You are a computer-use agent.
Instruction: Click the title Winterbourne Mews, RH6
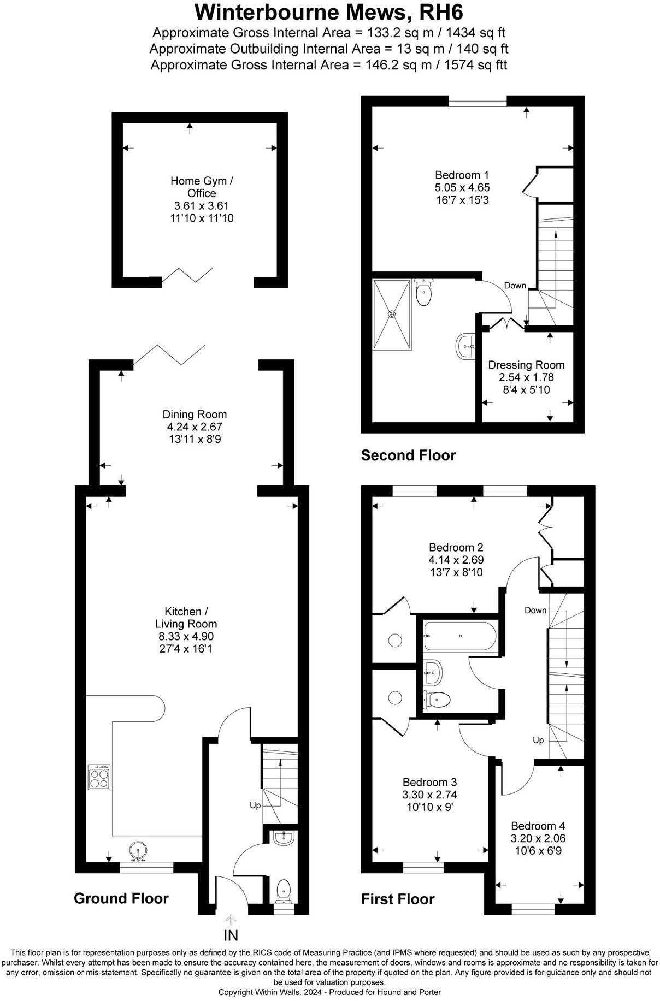tap(329, 12)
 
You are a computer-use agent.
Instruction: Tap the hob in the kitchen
tap(99, 777)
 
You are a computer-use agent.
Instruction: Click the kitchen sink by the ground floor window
tap(138, 850)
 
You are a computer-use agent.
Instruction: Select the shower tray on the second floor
tap(392, 313)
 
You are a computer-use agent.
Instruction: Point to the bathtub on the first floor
tap(459, 636)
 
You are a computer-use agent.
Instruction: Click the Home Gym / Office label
tap(202, 187)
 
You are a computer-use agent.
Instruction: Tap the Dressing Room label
tap(526, 365)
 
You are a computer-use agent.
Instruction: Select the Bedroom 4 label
tap(538, 826)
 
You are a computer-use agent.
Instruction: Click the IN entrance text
tap(231, 935)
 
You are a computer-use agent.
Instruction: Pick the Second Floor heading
tap(408, 455)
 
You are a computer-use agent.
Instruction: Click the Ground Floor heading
tap(121, 898)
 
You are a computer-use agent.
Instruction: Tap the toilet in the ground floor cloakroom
tap(284, 890)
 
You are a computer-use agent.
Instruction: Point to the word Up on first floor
tap(538, 741)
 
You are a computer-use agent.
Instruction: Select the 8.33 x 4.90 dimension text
tap(186, 636)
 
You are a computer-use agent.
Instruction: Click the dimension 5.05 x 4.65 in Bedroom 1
tap(462, 187)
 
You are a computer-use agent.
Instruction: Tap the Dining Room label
tap(195, 414)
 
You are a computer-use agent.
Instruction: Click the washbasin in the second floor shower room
tap(465, 346)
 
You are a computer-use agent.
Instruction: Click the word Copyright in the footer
tap(236, 992)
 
